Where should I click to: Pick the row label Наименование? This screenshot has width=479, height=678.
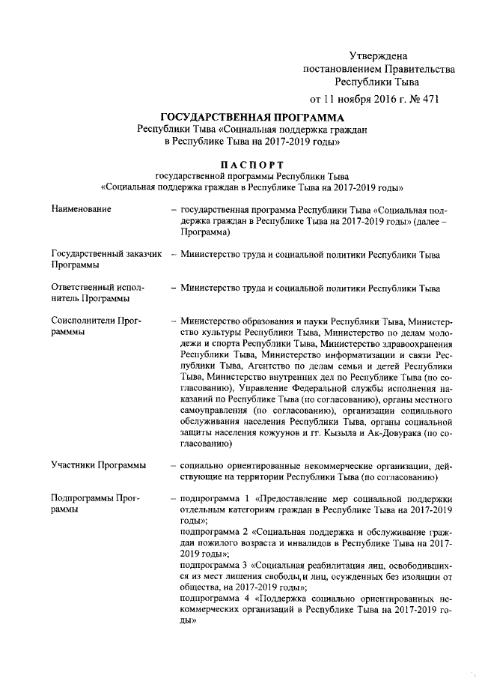coord(82,208)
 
